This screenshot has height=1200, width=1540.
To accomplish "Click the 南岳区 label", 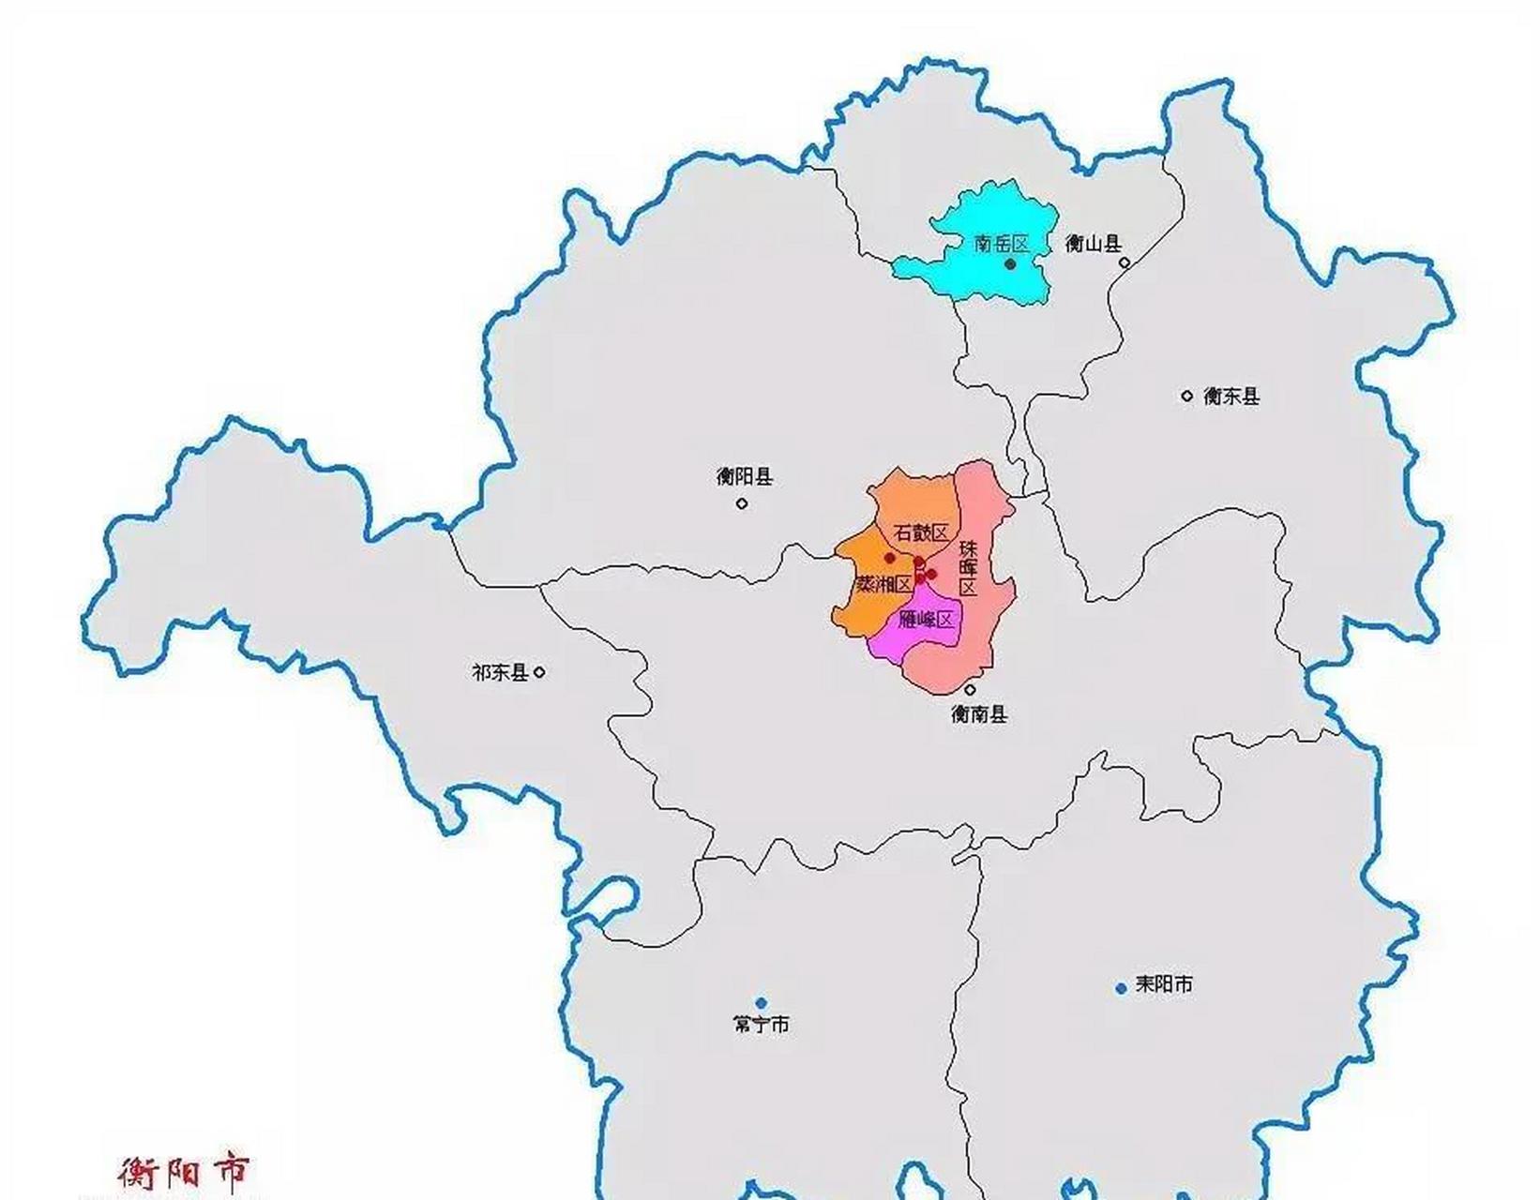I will (x=1002, y=244).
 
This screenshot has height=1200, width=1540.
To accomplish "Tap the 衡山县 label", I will (x=1094, y=244).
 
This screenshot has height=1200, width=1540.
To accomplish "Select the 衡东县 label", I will (x=1231, y=397).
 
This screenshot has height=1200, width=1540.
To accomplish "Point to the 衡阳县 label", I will (x=745, y=477).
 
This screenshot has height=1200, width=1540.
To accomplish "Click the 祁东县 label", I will (x=500, y=672).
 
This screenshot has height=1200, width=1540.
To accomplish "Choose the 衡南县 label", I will (x=979, y=714).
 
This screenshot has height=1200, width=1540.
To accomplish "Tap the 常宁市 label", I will (x=761, y=1025).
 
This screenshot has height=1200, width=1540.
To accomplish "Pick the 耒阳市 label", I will (x=1164, y=984).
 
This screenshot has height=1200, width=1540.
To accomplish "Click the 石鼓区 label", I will (x=921, y=532).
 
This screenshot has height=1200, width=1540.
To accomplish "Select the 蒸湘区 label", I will (x=883, y=584).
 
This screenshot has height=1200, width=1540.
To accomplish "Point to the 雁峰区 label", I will (x=926, y=620).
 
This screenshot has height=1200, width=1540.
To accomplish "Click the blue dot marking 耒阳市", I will (x=1121, y=988).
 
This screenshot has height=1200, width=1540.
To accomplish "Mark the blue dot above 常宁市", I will (x=761, y=1003).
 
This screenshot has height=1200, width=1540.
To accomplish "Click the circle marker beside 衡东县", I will (x=1186, y=396).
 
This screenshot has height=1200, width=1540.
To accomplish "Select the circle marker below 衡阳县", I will (x=742, y=503).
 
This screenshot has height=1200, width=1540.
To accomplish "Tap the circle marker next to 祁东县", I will (x=539, y=672).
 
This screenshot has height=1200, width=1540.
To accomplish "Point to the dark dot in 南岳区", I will (x=1010, y=264).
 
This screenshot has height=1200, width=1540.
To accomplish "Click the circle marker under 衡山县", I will (x=1125, y=262).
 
